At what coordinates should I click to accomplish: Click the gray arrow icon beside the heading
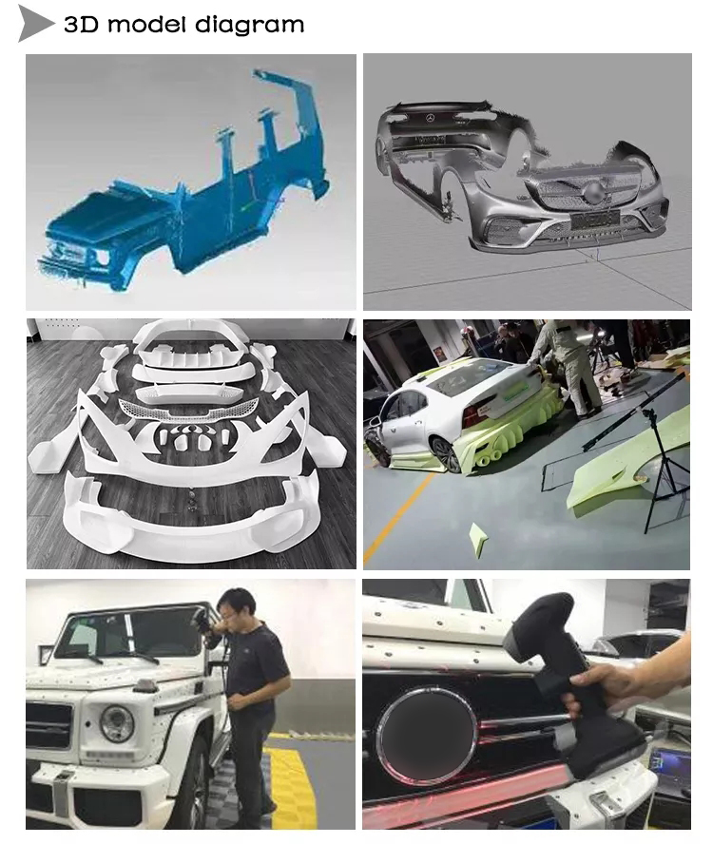[36, 24]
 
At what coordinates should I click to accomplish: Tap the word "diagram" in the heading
[249, 26]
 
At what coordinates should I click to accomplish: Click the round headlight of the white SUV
[117, 723]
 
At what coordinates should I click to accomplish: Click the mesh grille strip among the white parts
[190, 410]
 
